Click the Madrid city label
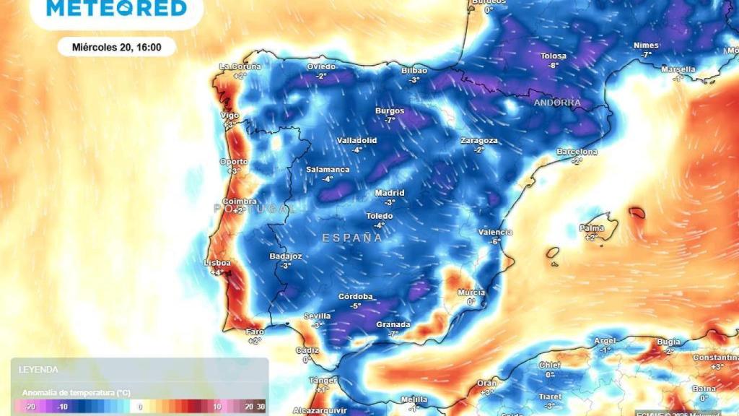(x=390, y=193)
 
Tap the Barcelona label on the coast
(x=577, y=152)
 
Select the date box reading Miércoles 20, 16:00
(x=116, y=47)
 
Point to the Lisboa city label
(x=217, y=263)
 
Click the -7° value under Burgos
(x=390, y=120)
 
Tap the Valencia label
(x=495, y=232)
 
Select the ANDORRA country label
(x=557, y=103)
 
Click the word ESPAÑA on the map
(x=352, y=237)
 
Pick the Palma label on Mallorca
(x=591, y=228)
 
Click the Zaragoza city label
(x=479, y=140)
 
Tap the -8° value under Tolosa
(x=554, y=65)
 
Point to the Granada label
(x=393, y=324)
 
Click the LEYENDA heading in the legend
(x=39, y=369)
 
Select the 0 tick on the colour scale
(x=140, y=407)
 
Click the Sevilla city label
(x=317, y=316)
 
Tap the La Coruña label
(x=240, y=66)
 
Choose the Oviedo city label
(x=321, y=66)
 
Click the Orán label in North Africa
(x=487, y=383)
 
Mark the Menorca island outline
(x=637, y=212)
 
